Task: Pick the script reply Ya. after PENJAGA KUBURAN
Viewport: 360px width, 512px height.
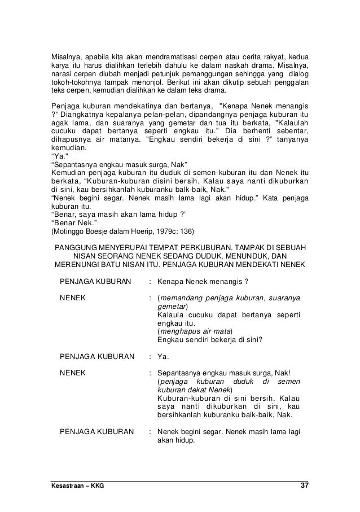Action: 163,356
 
